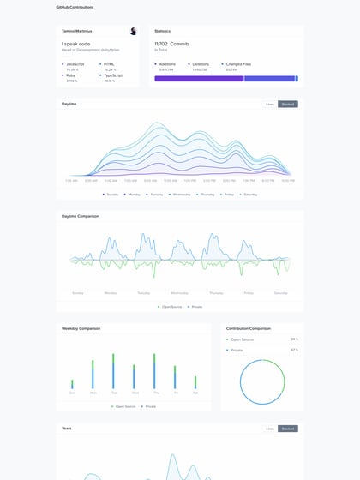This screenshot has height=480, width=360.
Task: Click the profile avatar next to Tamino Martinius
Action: [x=133, y=31]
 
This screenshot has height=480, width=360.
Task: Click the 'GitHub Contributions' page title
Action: [x=75, y=7]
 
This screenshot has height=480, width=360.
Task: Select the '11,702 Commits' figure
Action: [x=171, y=44]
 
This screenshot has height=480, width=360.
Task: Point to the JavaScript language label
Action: [x=74, y=63]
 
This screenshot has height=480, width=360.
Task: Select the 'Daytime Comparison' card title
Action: [x=81, y=216]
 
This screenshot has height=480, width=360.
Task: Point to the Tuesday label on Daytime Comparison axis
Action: [x=143, y=292]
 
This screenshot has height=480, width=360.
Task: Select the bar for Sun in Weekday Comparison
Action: [x=72, y=384]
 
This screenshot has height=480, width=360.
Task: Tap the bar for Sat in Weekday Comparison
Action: [x=195, y=382]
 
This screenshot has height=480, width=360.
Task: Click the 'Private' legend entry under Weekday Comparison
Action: [x=150, y=406]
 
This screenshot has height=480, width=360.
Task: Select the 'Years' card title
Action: [x=67, y=428]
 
